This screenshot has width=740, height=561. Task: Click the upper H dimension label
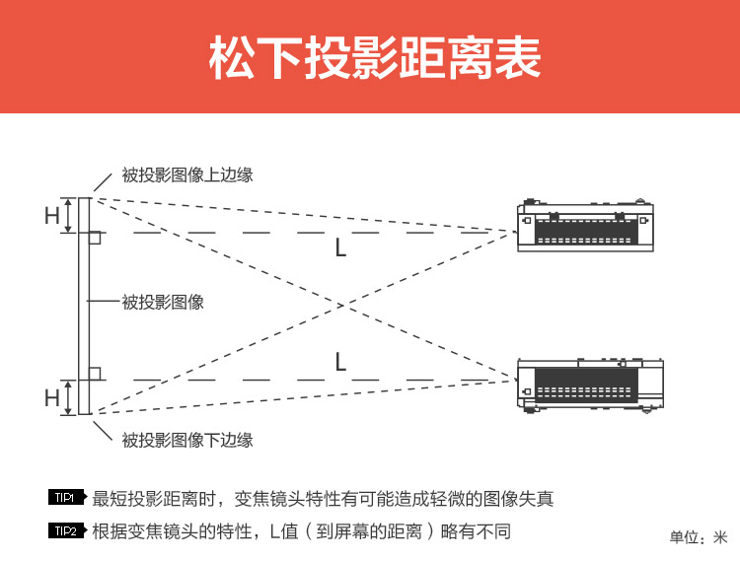pos(52,216)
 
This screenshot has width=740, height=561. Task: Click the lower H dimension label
pos(52,398)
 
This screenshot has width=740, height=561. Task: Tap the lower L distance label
pos(340,362)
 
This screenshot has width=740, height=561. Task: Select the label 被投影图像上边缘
pos(187,175)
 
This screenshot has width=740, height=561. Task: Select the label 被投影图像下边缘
pos(187,440)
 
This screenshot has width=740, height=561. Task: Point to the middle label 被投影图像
pos(163,302)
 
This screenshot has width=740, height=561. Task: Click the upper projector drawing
pos(585,226)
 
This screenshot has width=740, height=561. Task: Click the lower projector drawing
pos(590,385)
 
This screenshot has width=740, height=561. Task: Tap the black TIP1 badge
pos(66,498)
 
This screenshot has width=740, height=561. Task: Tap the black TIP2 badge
pos(66,531)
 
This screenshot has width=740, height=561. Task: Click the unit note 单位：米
pos(698,537)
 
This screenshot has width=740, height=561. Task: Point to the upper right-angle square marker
pos(95,239)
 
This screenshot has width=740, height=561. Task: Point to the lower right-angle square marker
pos(95,373)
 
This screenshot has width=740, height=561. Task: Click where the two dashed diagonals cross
pos(340,305)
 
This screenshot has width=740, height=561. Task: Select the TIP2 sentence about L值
pos(301,531)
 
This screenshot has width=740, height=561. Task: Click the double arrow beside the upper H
pos(68,216)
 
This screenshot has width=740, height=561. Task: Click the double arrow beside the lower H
pos(68,397)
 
